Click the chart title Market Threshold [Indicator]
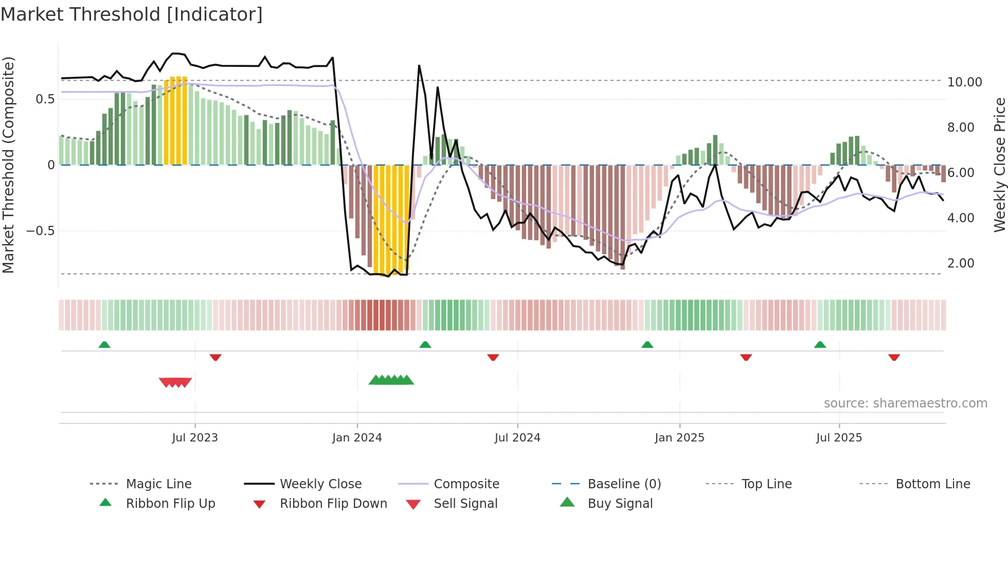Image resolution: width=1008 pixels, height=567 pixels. [132, 14]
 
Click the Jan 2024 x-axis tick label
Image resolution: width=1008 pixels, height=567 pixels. [357, 438]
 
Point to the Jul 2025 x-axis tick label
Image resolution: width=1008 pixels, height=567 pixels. [839, 438]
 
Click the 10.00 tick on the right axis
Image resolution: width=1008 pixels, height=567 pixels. [964, 82]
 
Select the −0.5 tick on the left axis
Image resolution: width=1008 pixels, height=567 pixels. [41, 231]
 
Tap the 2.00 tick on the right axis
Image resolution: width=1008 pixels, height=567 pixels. [961, 263]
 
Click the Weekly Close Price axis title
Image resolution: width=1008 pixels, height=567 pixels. [999, 165]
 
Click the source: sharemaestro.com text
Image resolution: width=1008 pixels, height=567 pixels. [905, 403]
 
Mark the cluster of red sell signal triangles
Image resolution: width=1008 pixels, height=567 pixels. [175, 382]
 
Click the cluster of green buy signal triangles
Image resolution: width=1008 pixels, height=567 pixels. [391, 380]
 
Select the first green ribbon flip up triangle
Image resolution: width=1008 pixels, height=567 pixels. [104, 345]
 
